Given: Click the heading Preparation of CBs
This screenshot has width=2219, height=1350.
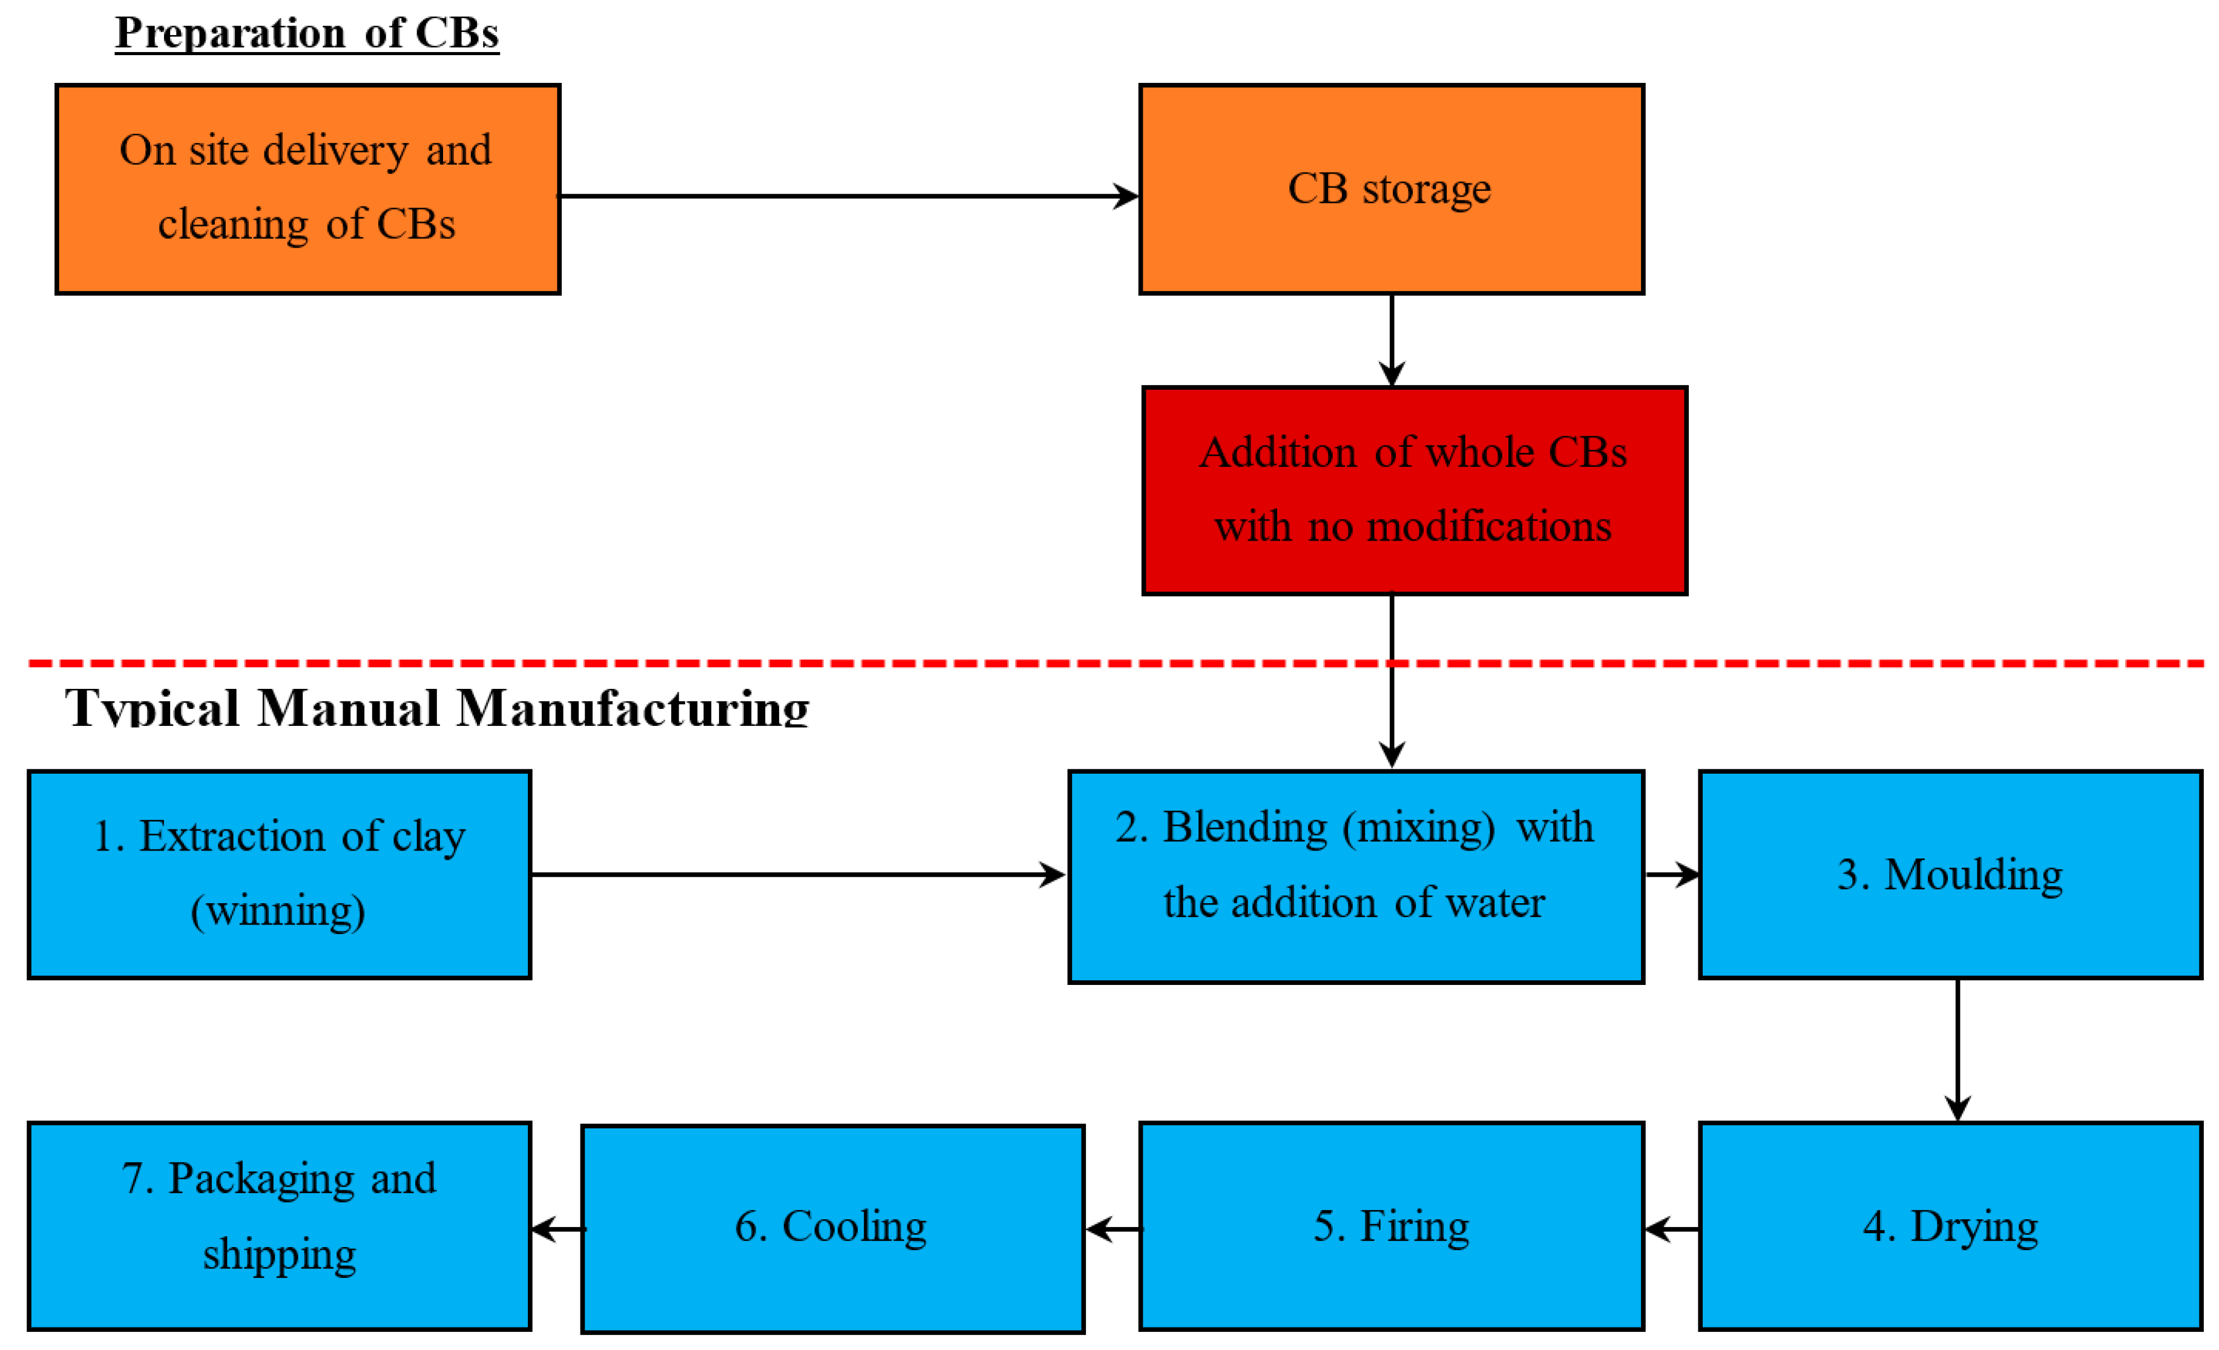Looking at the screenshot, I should pyautogui.click(x=306, y=33).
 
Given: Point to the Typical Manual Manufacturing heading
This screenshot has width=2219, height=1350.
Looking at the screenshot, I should pyautogui.click(x=437, y=707).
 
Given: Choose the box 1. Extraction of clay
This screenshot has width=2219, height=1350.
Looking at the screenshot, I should pyautogui.click(x=279, y=874).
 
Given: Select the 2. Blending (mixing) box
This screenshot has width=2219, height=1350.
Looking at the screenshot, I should pyautogui.click(x=1355, y=875).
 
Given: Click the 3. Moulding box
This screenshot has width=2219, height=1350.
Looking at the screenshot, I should pyautogui.click(x=1950, y=874).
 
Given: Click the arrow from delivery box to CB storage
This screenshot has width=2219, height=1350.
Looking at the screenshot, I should pyautogui.click(x=847, y=196).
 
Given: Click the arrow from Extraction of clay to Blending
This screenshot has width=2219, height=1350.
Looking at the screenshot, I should pyautogui.click(x=797, y=874).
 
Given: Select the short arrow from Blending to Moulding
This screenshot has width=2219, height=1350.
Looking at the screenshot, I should pyautogui.click(x=1671, y=874).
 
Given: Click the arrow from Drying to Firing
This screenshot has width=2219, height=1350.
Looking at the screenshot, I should pyautogui.click(x=1671, y=1228).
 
